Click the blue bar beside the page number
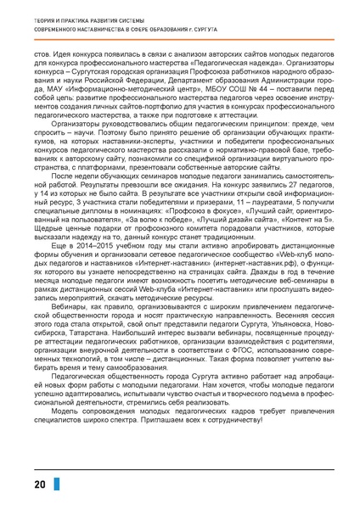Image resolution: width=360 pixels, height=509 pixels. [x=57, y=485]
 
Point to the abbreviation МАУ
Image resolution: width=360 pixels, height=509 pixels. [x=42, y=87]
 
